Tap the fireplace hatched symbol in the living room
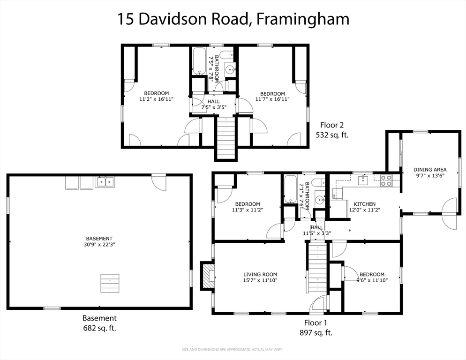coord(207,275)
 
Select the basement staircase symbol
coord(110,283)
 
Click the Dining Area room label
coord(429,170)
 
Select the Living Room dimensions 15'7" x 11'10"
coord(260,280)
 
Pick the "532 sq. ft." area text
coord(332,135)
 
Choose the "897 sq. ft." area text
coord(316,333)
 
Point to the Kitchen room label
coord(364,204)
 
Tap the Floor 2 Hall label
coord(213,101)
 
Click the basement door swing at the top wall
coord(159,183)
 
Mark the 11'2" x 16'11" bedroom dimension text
coord(156,99)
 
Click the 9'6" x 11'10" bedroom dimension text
coord(372,280)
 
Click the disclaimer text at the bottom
coord(232,349)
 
